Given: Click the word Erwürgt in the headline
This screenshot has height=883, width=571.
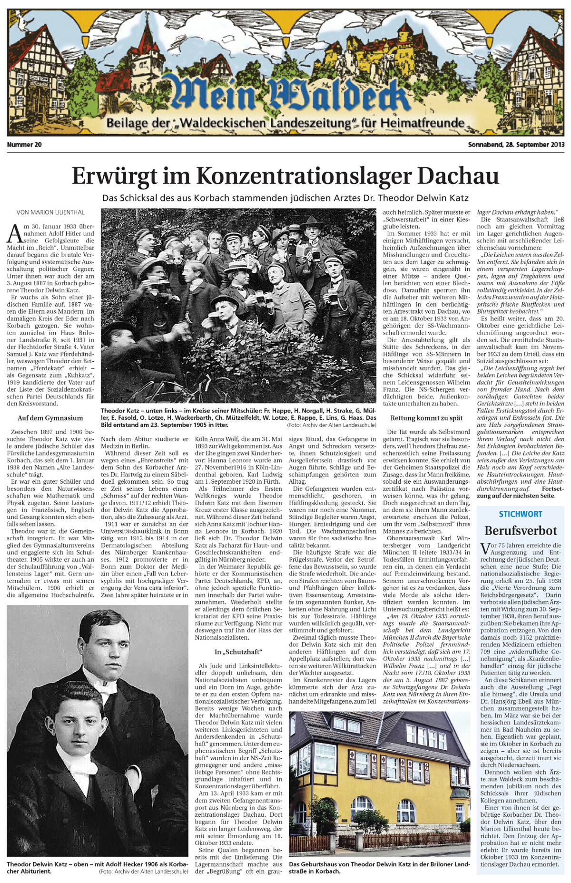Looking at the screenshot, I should pyautogui.click(x=114, y=177).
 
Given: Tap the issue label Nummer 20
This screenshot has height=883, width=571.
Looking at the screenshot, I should pyautogui.click(x=24, y=144).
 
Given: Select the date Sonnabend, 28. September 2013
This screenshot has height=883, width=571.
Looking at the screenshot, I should pyautogui.click(x=516, y=144).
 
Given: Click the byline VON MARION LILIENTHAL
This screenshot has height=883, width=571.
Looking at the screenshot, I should pyautogui.click(x=50, y=212).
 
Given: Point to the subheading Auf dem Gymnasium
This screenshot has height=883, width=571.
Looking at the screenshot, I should pyautogui.click(x=50, y=418).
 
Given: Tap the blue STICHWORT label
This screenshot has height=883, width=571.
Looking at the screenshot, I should pyautogui.click(x=520, y=514).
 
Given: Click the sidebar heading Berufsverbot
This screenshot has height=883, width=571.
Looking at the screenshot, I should pyautogui.click(x=521, y=530).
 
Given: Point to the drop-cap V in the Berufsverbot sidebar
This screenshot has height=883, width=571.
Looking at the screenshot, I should pyautogui.click(x=485, y=549).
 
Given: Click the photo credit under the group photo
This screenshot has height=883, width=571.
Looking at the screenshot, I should pyautogui.click(x=331, y=425).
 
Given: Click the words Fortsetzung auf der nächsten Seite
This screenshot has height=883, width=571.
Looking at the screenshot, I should pyautogui.click(x=520, y=492).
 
